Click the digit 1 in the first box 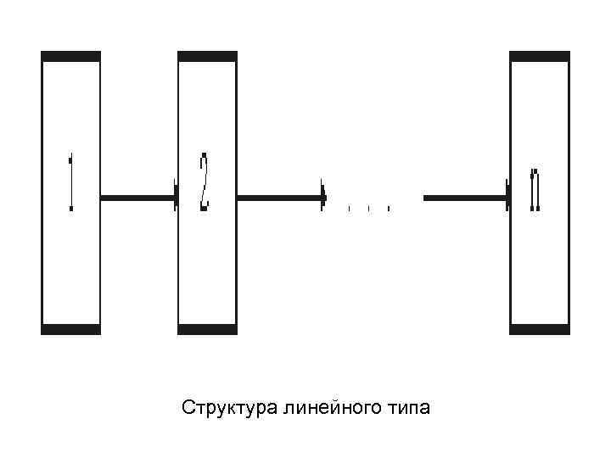click(x=71, y=182)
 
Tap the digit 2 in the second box click(x=204, y=182)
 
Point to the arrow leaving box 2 click(x=280, y=198)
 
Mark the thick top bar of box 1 click(x=70, y=57)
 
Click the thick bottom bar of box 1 click(x=70, y=328)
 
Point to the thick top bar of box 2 click(x=206, y=57)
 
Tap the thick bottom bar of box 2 click(x=206, y=328)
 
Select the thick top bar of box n click(x=540, y=57)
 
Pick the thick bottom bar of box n click(x=540, y=328)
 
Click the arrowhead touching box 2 click(x=175, y=198)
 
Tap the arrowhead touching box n click(x=507, y=198)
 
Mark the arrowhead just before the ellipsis click(x=323, y=198)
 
